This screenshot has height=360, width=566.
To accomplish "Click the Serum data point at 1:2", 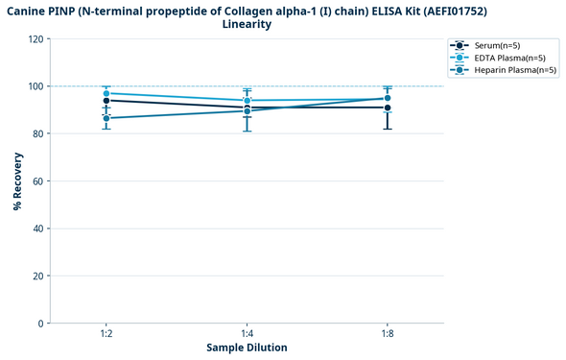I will (106, 101).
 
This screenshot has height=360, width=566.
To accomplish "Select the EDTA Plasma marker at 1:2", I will (106, 94).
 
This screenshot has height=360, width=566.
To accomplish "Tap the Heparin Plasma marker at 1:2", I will (106, 118).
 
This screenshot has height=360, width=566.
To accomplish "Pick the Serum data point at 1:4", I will (248, 108).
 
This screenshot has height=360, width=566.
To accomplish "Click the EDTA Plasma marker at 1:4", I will (248, 101).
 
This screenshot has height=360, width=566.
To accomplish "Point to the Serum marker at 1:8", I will (388, 108).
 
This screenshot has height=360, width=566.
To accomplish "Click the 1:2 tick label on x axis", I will (106, 333).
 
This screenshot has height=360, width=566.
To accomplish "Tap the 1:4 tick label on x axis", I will (248, 333).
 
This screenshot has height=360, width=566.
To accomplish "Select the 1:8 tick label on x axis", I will (388, 333).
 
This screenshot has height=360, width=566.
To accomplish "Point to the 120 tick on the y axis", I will (35, 39).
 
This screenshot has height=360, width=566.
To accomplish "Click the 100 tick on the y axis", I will (35, 86).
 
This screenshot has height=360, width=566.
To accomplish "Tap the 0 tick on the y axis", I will (41, 324).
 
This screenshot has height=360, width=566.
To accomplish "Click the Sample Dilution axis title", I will (247, 348).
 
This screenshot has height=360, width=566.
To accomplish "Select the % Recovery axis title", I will (17, 181).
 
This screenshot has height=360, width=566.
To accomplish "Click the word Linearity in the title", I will (247, 24).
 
